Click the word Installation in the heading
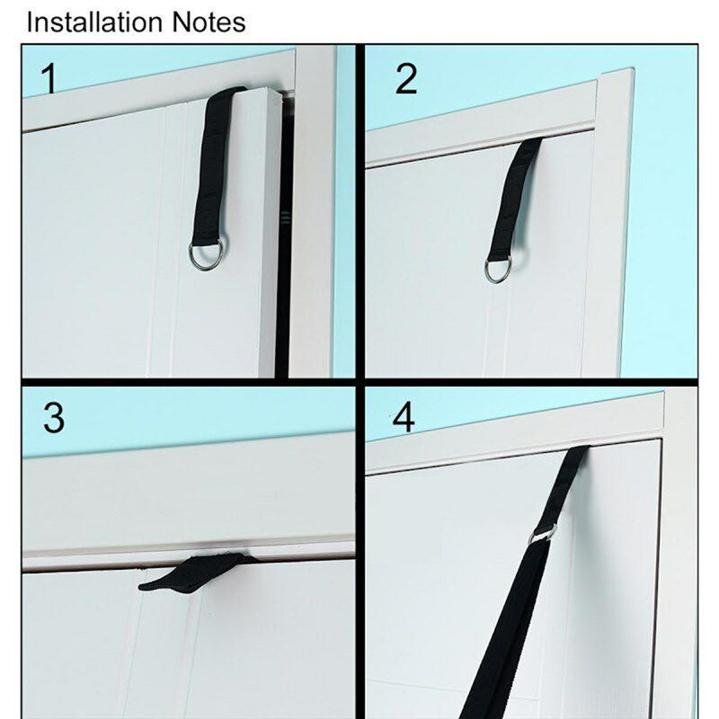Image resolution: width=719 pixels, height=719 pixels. pyautogui.click(x=94, y=22)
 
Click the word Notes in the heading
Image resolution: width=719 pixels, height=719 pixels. pyautogui.click(x=209, y=22)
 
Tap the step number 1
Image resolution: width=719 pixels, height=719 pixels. pyautogui.click(x=49, y=79)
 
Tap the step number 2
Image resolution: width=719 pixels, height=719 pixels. pyautogui.click(x=406, y=78)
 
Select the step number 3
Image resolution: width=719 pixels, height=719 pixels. pyautogui.click(x=54, y=418)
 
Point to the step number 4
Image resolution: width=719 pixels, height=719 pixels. pyautogui.click(x=404, y=418)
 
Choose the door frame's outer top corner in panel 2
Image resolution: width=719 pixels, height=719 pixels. pyautogui.click(x=634, y=69)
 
